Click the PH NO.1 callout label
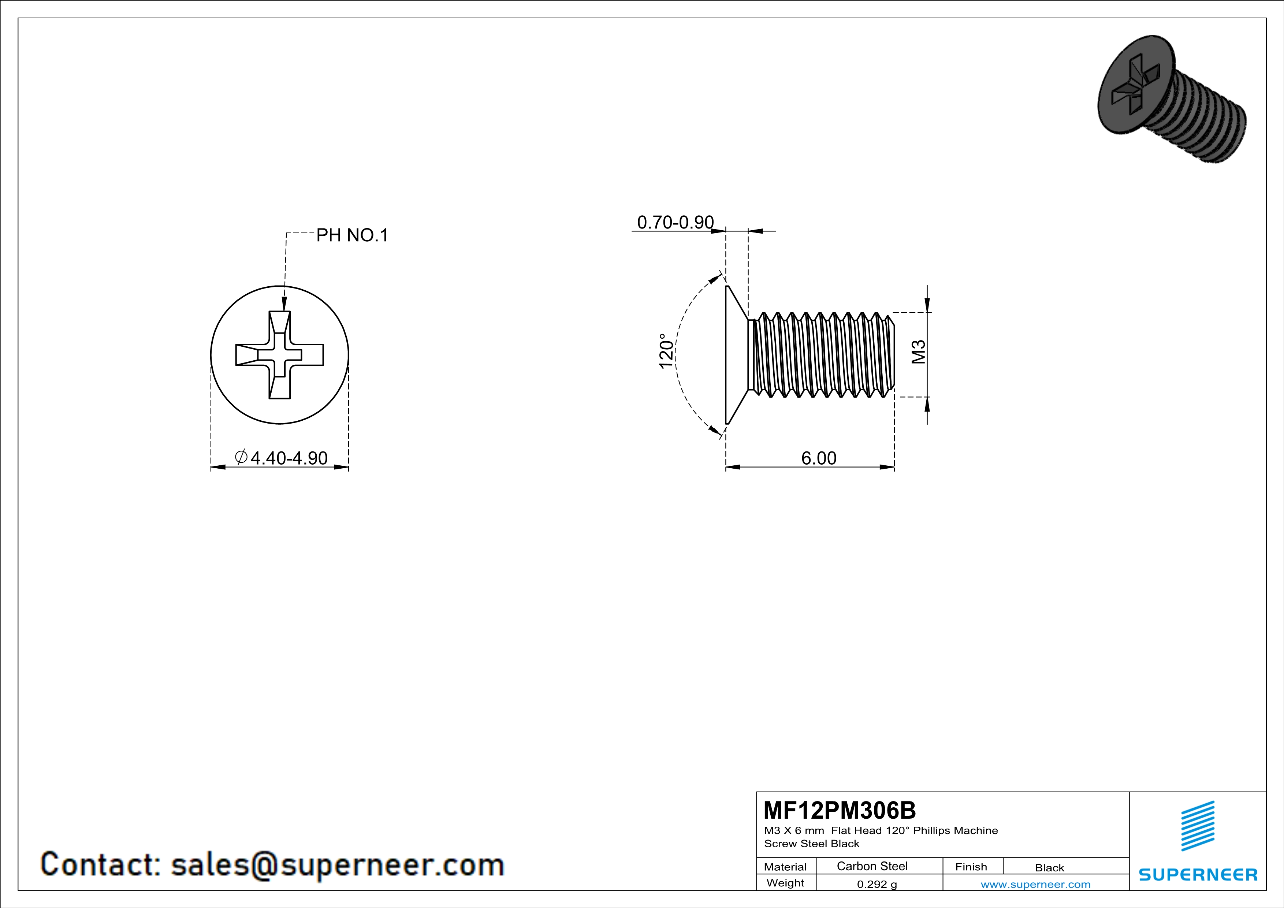tap(352, 235)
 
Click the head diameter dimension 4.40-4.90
tap(289, 458)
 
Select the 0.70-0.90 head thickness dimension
tap(675, 223)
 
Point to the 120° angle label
tap(666, 351)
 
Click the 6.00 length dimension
tap(819, 458)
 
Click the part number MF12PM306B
tap(840, 810)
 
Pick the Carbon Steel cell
tap(872, 866)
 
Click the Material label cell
tap(785, 867)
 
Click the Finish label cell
tap(971, 867)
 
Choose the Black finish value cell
tap(1049, 868)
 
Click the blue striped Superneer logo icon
tap(1197, 826)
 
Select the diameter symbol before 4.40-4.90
tap(241, 457)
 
